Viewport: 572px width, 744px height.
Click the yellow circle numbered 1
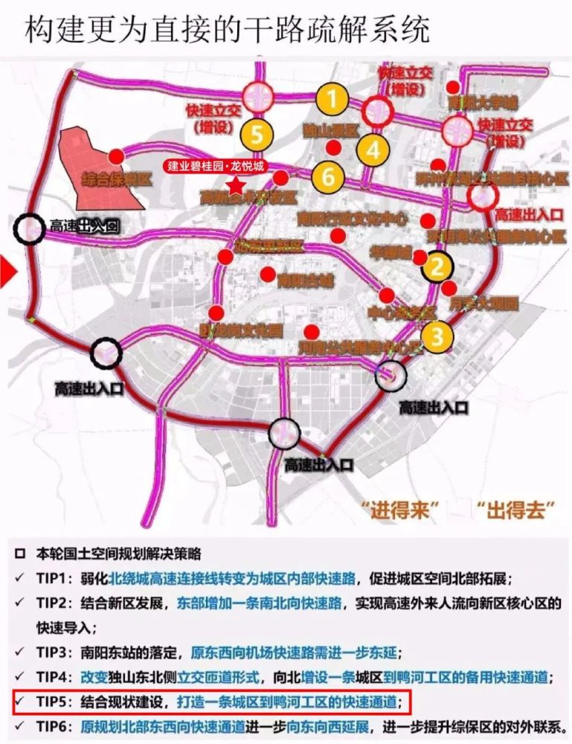(x=332, y=99)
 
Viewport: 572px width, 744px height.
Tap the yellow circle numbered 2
(x=437, y=265)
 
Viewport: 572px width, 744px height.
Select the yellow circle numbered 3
(x=437, y=336)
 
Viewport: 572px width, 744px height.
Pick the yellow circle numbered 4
(x=373, y=150)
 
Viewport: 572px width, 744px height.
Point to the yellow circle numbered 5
(x=257, y=135)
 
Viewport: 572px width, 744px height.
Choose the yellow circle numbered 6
(x=328, y=177)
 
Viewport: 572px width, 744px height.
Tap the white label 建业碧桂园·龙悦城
(x=215, y=166)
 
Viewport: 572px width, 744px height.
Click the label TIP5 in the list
(x=55, y=700)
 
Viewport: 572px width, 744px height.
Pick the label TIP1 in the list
(x=55, y=578)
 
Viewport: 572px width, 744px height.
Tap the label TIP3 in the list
(x=55, y=652)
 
